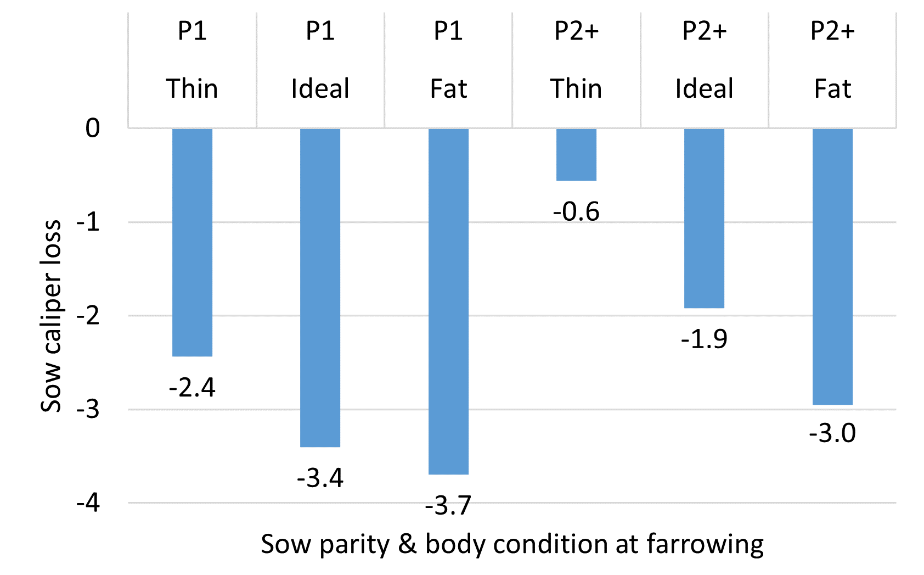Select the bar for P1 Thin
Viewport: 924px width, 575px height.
tap(192, 242)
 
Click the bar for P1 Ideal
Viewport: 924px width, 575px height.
tap(320, 287)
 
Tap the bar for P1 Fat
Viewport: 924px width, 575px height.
tap(448, 301)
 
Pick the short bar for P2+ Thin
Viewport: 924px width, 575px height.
tap(576, 154)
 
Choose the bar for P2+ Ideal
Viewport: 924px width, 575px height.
tap(704, 218)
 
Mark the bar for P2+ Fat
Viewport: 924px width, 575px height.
tap(832, 266)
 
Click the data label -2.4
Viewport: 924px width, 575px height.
tap(192, 388)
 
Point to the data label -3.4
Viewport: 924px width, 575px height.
tap(320, 478)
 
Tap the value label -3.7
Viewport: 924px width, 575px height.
tap(448, 505)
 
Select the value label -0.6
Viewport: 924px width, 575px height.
tap(576, 211)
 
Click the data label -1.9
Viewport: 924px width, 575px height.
tap(704, 339)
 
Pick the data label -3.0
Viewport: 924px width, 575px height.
tap(832, 433)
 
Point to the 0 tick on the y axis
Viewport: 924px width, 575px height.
tap(93, 128)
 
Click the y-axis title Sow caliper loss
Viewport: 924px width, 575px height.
tap(51, 316)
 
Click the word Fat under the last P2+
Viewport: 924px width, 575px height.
tap(832, 89)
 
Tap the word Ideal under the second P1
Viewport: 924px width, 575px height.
tap(320, 89)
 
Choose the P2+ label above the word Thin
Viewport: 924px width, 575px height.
tap(576, 31)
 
